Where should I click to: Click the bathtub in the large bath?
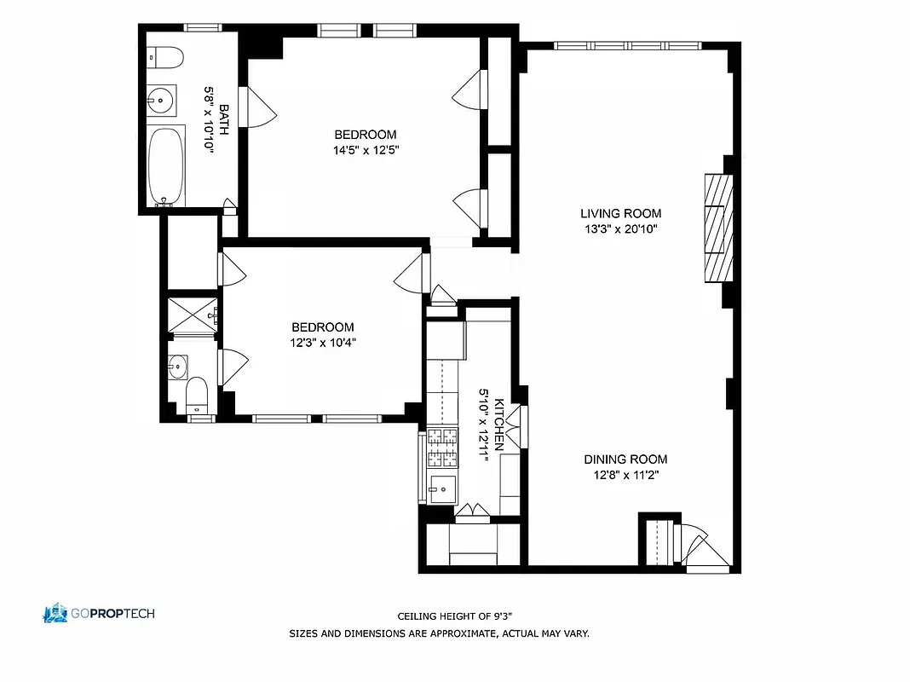tap(166, 166)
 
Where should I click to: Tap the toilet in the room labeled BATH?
tap(165, 58)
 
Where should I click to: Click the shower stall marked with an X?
tap(192, 315)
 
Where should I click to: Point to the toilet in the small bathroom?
tap(197, 393)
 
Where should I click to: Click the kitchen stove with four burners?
tap(442, 448)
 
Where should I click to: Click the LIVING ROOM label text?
tap(620, 214)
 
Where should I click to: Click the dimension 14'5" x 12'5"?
tap(365, 150)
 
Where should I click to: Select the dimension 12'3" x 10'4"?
tap(322, 343)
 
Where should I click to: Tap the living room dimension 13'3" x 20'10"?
tap(620, 229)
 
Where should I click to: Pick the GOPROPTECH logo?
tap(99, 613)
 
